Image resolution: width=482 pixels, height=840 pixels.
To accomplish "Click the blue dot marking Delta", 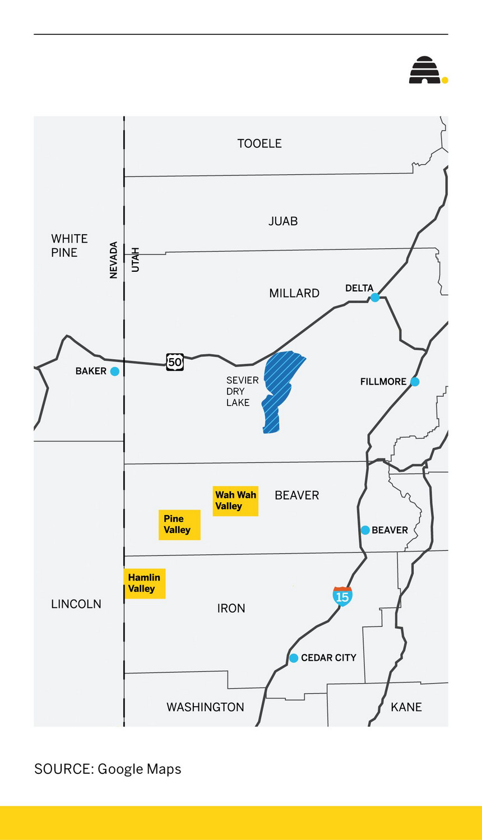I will [x=375, y=298].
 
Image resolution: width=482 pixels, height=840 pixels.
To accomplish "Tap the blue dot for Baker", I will [x=114, y=371].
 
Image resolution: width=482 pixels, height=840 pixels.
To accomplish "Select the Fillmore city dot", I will [x=415, y=382].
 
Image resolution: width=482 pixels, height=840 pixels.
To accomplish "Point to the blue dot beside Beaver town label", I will [x=365, y=530].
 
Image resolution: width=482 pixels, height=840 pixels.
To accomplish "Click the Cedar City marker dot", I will [x=293, y=658].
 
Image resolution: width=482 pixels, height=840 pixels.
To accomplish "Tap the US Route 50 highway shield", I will [x=175, y=362].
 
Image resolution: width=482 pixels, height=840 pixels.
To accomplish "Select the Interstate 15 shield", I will [x=342, y=596].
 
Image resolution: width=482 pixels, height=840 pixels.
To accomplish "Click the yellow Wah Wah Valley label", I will [x=235, y=500].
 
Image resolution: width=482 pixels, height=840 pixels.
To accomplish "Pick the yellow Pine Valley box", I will [x=179, y=525].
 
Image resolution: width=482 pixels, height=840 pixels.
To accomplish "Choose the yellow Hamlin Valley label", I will [x=145, y=583].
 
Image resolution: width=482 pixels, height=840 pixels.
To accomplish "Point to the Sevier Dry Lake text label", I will [x=242, y=391].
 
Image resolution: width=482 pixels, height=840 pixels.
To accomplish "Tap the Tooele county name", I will [x=259, y=143].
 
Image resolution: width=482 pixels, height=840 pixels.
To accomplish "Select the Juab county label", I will [x=283, y=221].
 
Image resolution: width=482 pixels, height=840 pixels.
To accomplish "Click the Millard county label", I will [x=294, y=293].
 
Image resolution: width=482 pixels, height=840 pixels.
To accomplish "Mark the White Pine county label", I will [x=69, y=245].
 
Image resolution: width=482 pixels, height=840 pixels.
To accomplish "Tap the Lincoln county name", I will [x=76, y=604].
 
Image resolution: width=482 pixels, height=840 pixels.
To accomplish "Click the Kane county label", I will [x=406, y=707].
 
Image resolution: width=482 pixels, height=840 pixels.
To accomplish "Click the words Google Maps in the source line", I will [x=139, y=769].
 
